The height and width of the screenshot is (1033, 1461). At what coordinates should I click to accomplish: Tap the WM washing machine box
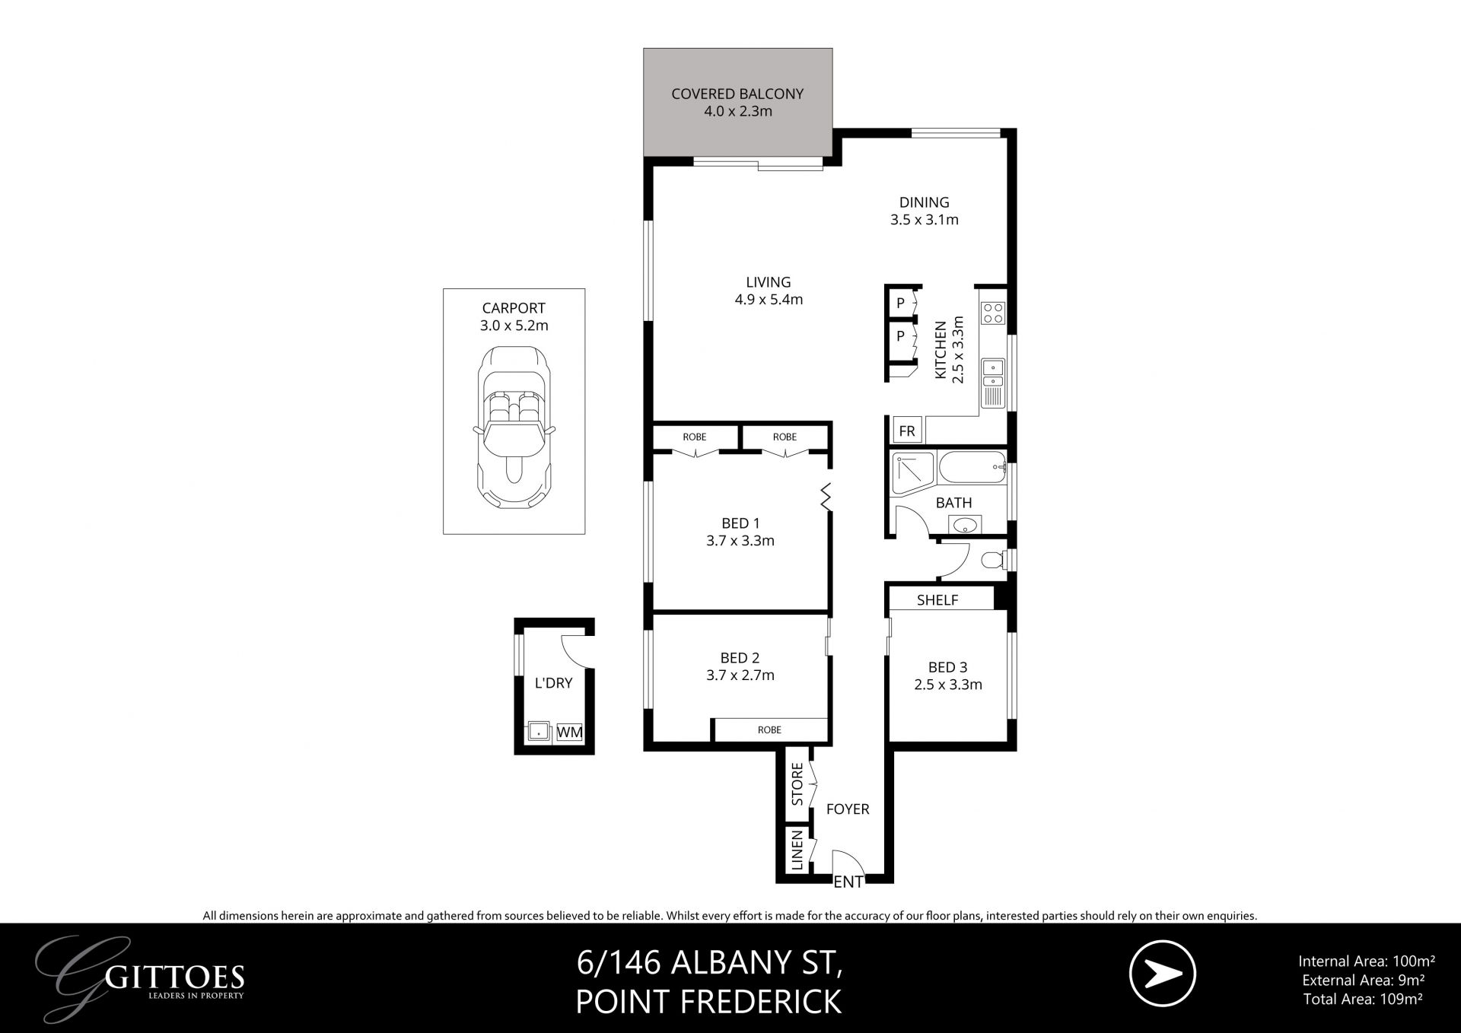pyautogui.click(x=570, y=732)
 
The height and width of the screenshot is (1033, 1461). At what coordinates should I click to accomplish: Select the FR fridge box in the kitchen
pyautogui.click(x=907, y=431)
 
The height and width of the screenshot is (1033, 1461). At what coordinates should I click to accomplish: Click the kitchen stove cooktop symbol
pyautogui.click(x=993, y=313)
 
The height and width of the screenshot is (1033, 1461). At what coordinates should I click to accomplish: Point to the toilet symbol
pyautogui.click(x=992, y=561)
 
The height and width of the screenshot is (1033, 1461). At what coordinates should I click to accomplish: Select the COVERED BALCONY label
pyautogui.click(x=737, y=94)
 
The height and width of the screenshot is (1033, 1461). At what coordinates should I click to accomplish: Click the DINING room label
pyautogui.click(x=924, y=202)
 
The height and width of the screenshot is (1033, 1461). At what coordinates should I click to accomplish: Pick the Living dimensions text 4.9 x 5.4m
pyautogui.click(x=769, y=300)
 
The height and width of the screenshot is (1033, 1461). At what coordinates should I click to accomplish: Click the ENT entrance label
pyautogui.click(x=848, y=882)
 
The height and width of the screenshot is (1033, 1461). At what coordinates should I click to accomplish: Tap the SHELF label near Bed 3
pyautogui.click(x=937, y=600)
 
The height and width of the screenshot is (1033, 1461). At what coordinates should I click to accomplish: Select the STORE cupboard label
pyautogui.click(x=797, y=784)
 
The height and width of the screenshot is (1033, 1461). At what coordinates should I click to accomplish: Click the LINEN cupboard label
pyautogui.click(x=797, y=850)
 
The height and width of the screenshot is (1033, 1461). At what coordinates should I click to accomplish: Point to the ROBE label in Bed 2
pyautogui.click(x=769, y=729)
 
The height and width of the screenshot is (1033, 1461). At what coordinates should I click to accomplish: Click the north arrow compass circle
pyautogui.click(x=1162, y=973)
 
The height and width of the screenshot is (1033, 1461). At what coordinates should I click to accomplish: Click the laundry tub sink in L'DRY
pyautogui.click(x=539, y=732)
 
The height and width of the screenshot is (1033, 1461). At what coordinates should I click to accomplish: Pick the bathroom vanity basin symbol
pyautogui.click(x=966, y=525)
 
